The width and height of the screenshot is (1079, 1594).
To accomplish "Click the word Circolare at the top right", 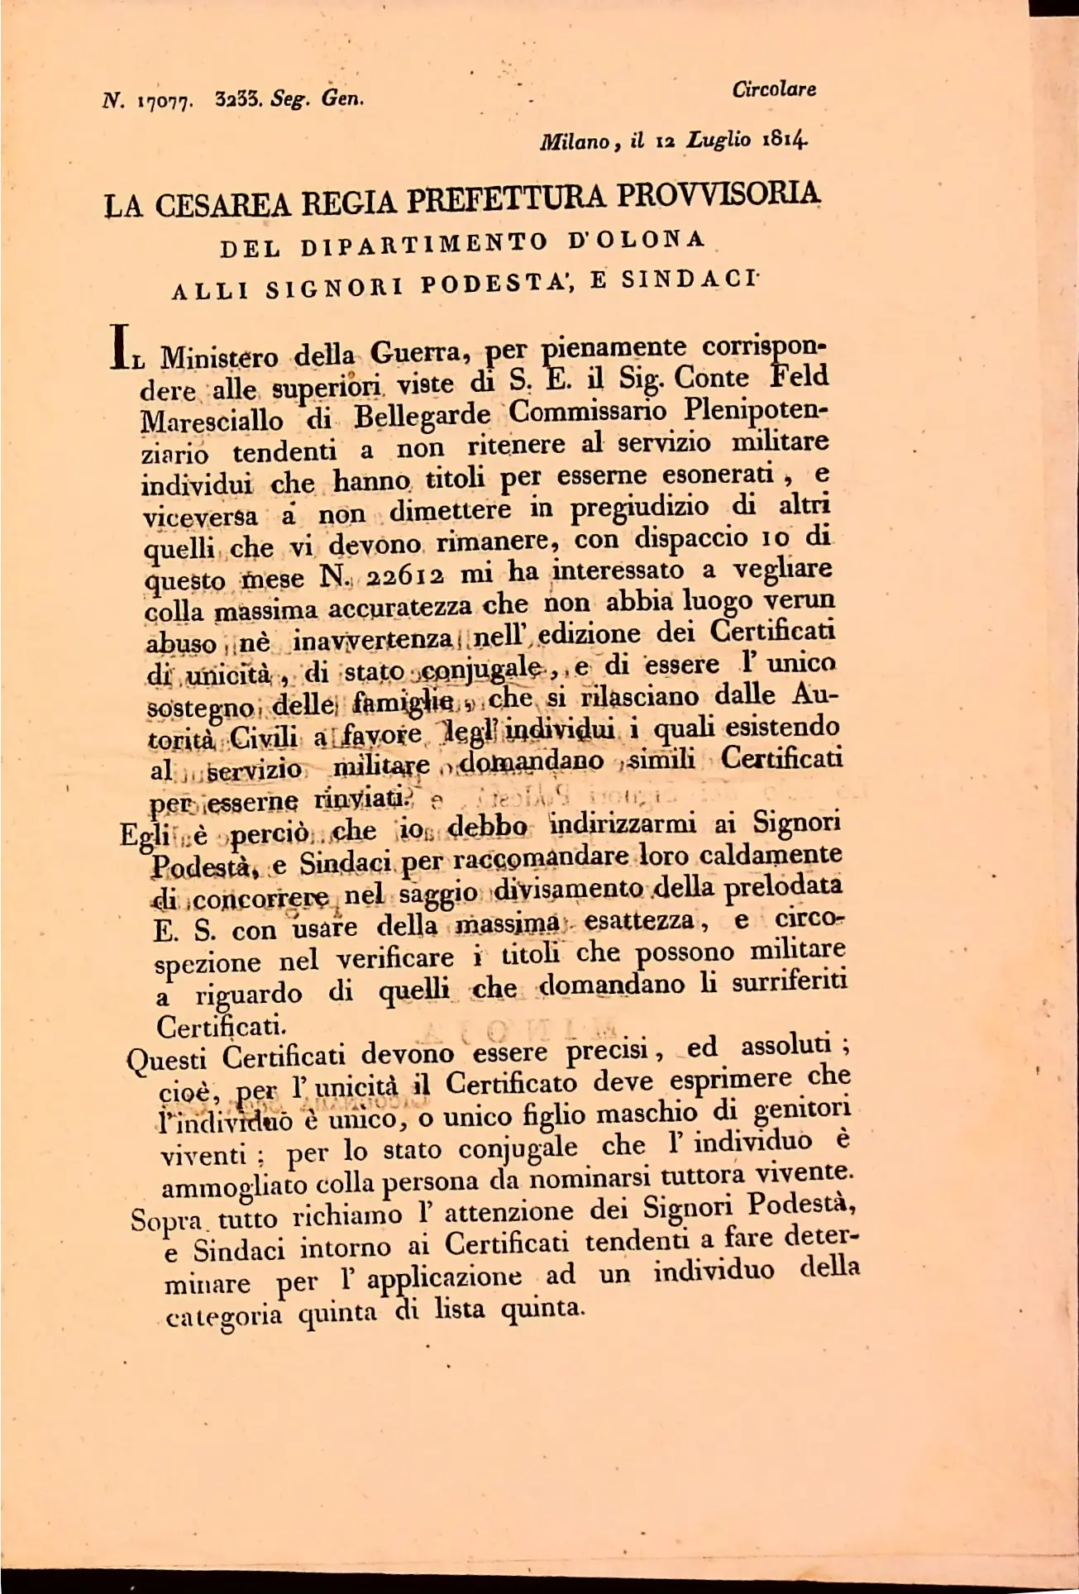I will click(x=774, y=89).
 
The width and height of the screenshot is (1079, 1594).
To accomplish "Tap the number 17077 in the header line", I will click(x=165, y=102).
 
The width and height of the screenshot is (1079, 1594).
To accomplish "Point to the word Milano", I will click(x=575, y=142).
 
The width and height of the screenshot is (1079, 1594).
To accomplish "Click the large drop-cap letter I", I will click(x=122, y=344).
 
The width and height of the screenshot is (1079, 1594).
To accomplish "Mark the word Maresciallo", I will click(x=212, y=421).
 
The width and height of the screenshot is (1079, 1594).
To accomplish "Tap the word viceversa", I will click(x=199, y=517).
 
